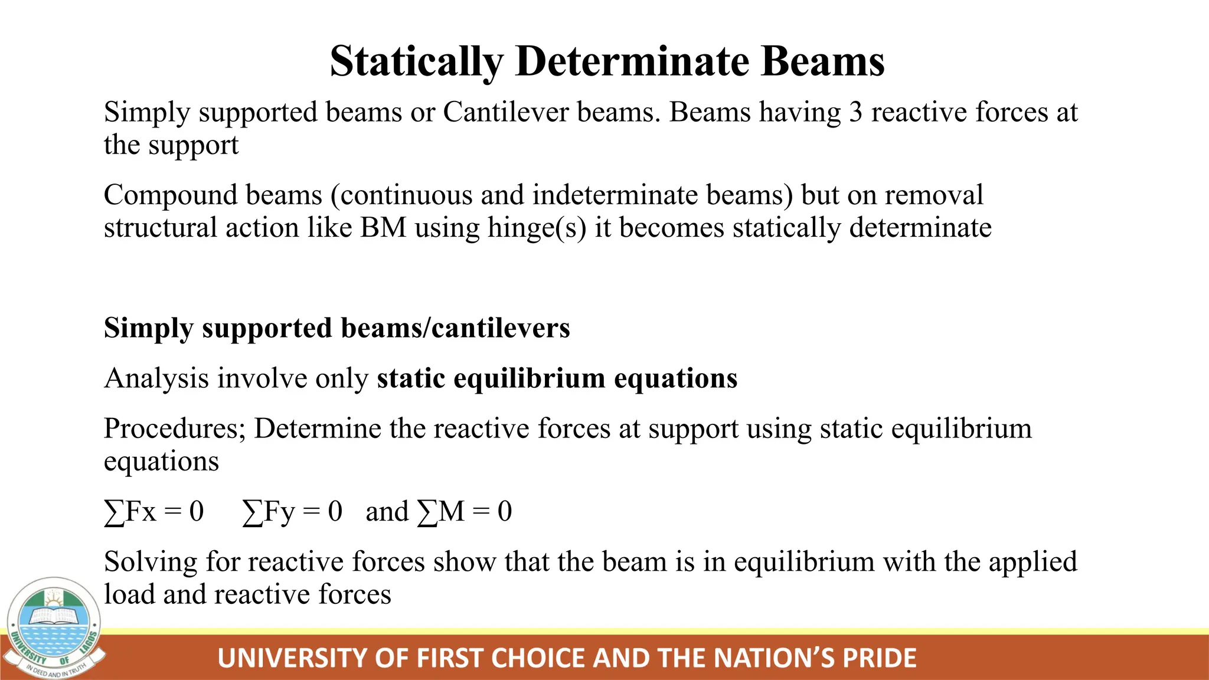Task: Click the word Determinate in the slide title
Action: [632, 61]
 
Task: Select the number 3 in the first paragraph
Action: [855, 112]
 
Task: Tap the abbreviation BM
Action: [384, 228]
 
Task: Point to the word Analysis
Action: [156, 379]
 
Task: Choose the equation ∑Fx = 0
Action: [154, 512]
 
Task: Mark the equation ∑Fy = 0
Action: [293, 512]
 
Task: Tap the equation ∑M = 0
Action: [465, 512]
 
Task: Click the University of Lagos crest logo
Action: [55, 627]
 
